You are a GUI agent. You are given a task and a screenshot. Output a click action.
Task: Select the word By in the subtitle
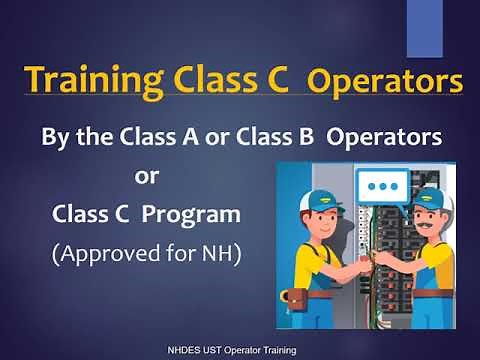[54, 135]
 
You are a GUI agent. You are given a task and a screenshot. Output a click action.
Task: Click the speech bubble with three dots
[380, 187]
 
